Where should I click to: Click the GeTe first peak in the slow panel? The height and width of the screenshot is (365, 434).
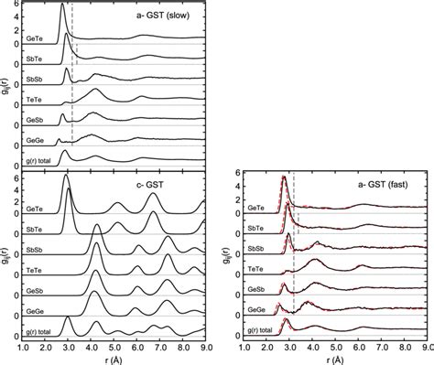[62, 7]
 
